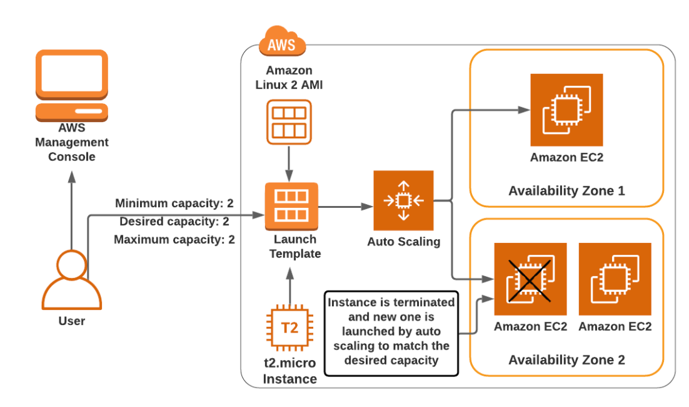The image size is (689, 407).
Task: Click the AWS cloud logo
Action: [x=281, y=42]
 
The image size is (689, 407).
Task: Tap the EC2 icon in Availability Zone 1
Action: [x=566, y=110]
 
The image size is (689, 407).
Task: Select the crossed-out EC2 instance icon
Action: [x=530, y=279]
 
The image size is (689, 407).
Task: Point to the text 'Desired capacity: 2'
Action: [x=174, y=222]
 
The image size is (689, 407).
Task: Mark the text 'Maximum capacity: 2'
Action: [x=174, y=239]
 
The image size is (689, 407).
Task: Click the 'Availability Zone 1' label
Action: [x=566, y=190]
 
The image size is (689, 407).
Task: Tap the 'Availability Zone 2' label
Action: [x=566, y=360]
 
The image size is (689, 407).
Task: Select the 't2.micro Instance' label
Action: [x=289, y=371]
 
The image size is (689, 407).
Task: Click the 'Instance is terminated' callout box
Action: [x=391, y=332]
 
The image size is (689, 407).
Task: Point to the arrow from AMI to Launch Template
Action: [x=288, y=162]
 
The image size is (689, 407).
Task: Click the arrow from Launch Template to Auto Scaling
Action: [x=344, y=205]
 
